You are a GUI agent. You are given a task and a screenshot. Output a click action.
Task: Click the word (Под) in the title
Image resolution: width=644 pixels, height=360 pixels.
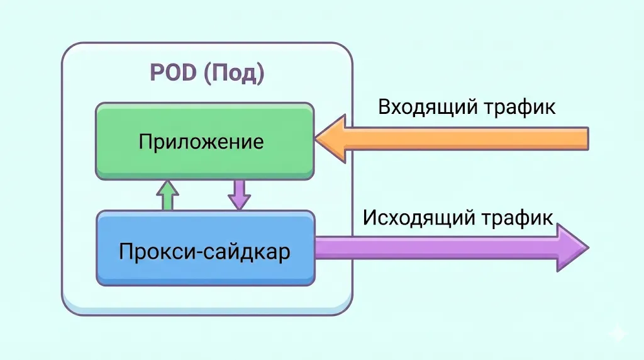pos(234,74)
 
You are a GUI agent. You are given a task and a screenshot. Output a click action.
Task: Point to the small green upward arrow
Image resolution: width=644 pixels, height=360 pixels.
pos(168,195)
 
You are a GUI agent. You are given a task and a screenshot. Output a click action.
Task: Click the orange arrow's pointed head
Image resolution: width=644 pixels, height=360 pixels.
pos(330,138)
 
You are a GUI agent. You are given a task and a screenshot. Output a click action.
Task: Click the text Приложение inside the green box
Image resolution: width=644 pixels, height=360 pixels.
pos(201,141)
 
